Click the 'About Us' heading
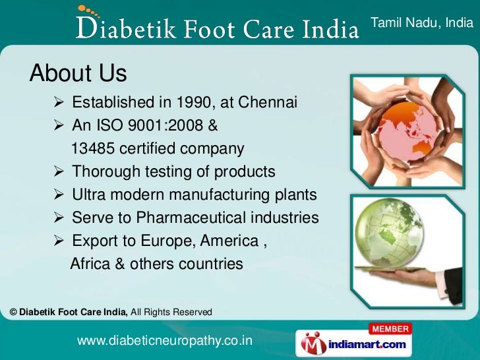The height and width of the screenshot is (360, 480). coord(78,73)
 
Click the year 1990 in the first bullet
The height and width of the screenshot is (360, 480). coord(195,102)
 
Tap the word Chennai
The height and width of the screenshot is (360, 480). coord(268,102)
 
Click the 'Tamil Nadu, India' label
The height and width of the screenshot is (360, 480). coord(422,23)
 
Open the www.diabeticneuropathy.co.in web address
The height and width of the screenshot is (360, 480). coord(165,341)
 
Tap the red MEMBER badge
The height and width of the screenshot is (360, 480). coord(389,328)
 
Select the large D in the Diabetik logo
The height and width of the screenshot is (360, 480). coord(86,28)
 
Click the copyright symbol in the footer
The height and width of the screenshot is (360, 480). coord(14,312)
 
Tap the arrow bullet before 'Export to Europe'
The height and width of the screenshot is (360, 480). coord(58,241)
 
